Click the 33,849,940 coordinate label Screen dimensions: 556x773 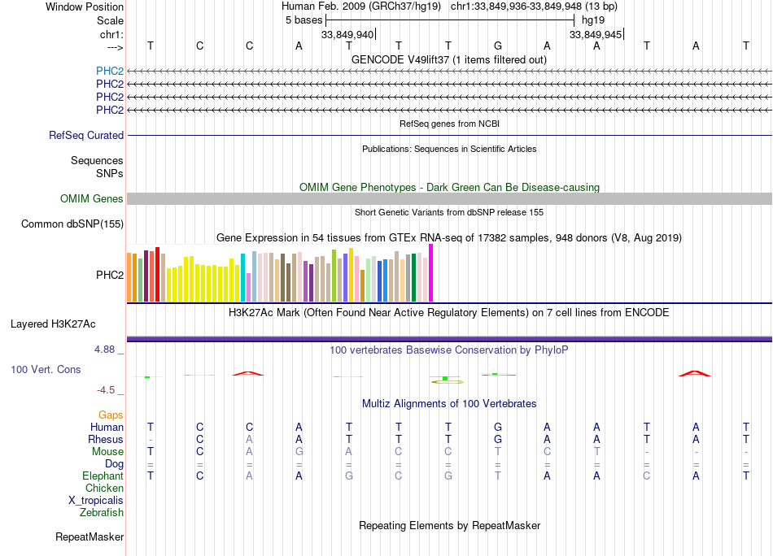[347, 34]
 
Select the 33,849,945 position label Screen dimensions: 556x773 [596, 34]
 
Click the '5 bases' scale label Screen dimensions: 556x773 [304, 20]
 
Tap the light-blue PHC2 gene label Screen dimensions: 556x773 [109, 71]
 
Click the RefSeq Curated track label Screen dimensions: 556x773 [86, 136]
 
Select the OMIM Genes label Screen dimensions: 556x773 [92, 199]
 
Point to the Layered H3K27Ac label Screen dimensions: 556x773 [53, 324]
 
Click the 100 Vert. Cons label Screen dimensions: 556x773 [46, 370]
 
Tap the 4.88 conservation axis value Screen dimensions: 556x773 [107, 350]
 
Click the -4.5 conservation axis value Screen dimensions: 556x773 [108, 390]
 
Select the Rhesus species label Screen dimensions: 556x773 [106, 440]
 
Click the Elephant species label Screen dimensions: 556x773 [103, 476]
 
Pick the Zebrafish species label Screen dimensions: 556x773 [102, 513]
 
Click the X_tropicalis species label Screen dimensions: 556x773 [96, 501]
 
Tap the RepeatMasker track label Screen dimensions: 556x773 [90, 537]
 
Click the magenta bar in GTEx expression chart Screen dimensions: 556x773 [431, 273]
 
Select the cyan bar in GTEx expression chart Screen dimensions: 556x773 [242, 278]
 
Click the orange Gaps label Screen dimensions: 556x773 [111, 415]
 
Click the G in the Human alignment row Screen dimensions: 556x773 [498, 427]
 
